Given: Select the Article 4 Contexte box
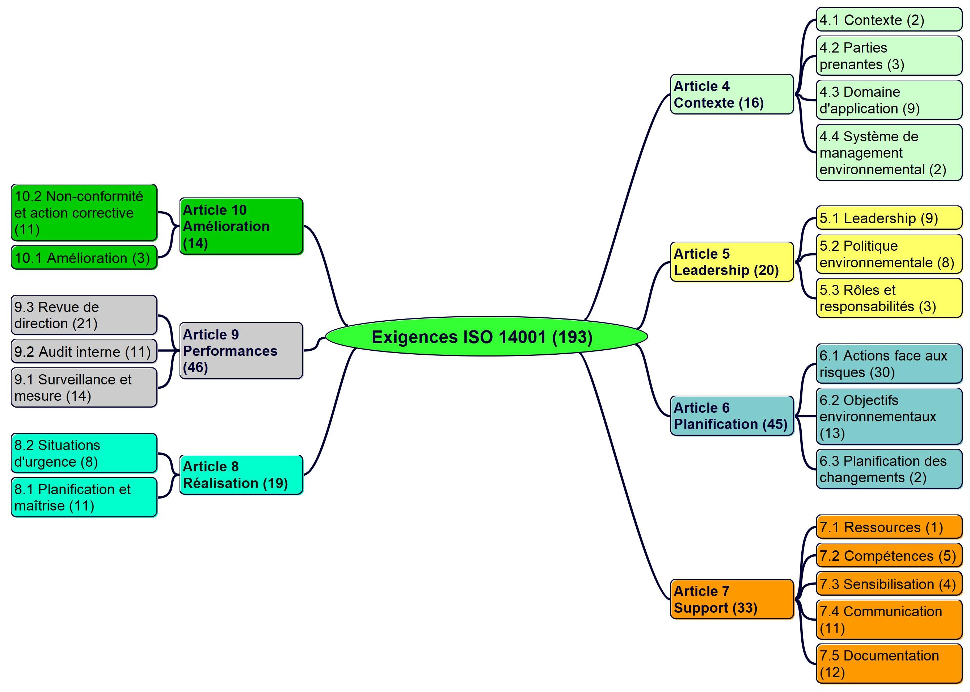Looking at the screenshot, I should [731, 94].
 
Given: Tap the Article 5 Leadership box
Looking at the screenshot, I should [731, 262].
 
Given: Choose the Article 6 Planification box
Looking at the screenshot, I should [731, 416].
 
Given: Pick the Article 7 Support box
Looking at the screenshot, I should [731, 599].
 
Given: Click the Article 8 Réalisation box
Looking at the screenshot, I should [241, 475].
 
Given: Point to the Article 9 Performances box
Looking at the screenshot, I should [241, 351].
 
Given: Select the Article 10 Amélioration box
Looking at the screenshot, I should [241, 226].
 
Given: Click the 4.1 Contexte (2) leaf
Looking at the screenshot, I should [888, 20].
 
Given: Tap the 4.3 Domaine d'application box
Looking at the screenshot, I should [888, 100].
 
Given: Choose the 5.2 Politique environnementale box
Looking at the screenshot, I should [888, 254].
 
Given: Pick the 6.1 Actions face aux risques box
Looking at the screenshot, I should [888, 364].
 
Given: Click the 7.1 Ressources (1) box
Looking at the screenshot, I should [888, 528].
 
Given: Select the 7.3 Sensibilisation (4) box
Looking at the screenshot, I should [888, 584].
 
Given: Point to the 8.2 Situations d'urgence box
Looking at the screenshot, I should [84, 453].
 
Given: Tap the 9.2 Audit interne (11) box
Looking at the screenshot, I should [84, 351].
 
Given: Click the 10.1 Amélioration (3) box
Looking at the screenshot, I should [84, 258].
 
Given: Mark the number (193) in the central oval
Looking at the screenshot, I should [572, 337].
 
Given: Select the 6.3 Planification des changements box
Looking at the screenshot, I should [888, 469].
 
